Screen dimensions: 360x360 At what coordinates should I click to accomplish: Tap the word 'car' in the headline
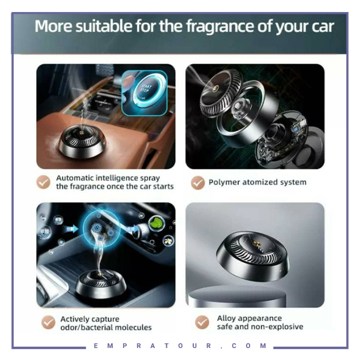click(323, 27)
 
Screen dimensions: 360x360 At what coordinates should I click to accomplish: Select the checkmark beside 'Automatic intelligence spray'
click(43, 182)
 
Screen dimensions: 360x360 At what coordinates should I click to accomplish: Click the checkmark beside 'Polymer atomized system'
click(197, 183)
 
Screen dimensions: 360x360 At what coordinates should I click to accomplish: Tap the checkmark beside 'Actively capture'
click(48, 322)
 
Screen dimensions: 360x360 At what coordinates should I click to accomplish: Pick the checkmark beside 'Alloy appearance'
click(202, 322)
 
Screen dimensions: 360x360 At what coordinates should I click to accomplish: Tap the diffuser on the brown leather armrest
click(82, 142)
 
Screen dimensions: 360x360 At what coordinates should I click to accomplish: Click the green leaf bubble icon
click(156, 223)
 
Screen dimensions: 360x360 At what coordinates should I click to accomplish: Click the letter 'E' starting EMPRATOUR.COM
click(96, 346)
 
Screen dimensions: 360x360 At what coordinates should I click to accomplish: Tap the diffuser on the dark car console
click(101, 284)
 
